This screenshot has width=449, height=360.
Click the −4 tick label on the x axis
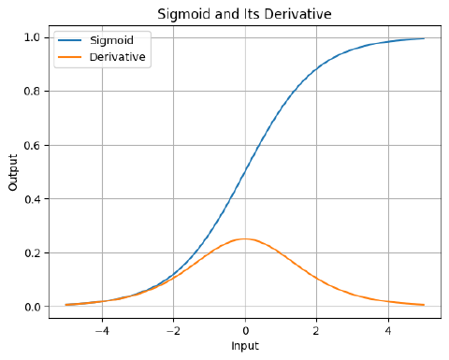point(102,330)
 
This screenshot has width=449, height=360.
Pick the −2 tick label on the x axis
point(173,330)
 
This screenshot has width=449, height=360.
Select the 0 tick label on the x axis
point(245,330)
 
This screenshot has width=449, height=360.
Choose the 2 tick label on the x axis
point(316,330)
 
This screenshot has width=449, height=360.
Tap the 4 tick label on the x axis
point(388,330)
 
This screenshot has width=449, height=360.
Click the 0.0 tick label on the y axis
point(32,307)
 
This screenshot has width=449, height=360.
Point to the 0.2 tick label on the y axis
point(32,253)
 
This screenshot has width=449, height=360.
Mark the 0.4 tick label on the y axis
point(32,199)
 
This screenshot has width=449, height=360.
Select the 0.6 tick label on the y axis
point(32,145)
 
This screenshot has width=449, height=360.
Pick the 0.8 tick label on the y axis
point(32,92)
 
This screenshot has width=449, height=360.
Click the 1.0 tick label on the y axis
point(32,37)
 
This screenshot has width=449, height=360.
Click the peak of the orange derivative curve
point(245,239)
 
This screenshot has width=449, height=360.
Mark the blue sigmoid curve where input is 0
point(245,172)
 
